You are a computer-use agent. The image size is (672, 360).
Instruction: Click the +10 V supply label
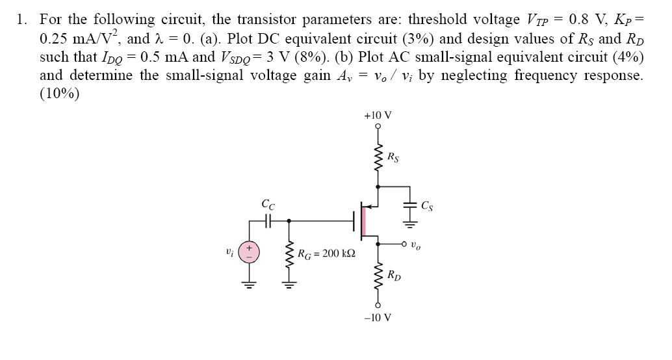378,116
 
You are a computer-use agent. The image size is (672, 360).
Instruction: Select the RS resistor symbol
378,156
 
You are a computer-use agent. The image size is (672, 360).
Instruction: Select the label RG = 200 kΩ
326,253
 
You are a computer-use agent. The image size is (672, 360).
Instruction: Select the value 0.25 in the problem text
55,38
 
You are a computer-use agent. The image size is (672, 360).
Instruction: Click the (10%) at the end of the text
59,94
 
